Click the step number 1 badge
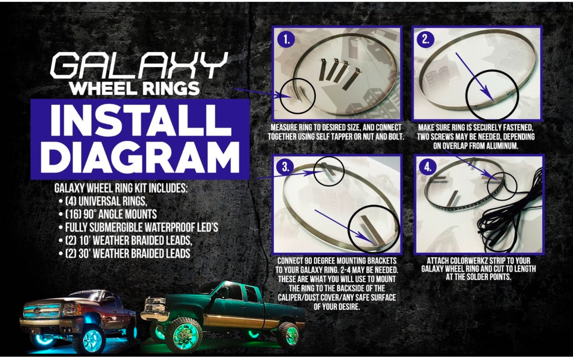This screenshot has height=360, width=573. coord(286,39)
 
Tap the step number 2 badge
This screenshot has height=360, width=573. coord(426,39)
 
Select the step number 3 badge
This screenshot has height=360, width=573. coord(285,167)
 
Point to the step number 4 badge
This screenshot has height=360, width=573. coord(427,167)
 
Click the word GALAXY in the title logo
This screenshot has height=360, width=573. coord(139,65)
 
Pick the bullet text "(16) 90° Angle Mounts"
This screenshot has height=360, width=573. coord(111,215)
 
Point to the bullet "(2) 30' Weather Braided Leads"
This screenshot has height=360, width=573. coord(128,254)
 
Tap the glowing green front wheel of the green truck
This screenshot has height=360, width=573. coord(184,335)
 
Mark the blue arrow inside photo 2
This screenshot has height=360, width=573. coord(475,77)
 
